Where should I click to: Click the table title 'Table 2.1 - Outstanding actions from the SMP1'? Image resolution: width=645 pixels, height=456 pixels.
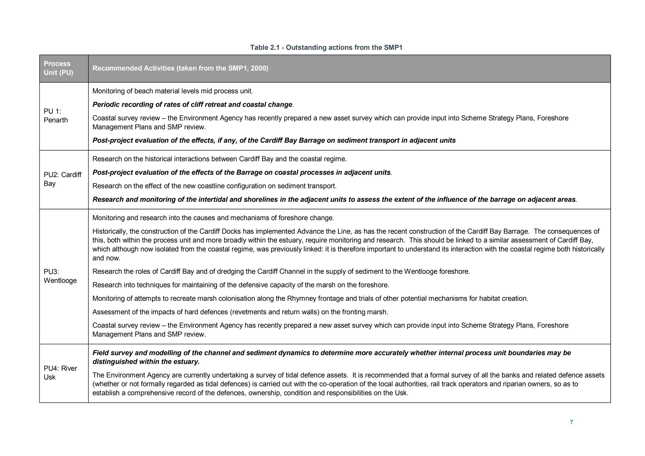coord(326,48)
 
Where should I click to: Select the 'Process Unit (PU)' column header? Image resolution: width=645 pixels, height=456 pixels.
coord(58,68)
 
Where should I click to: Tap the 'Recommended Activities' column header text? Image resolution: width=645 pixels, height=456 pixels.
coord(180,68)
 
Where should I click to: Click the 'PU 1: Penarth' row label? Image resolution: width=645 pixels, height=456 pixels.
coord(55,116)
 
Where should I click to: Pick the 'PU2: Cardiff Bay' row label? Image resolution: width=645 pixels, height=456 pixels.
coord(62,179)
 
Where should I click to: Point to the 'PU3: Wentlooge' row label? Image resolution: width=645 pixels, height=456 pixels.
coord(60,276)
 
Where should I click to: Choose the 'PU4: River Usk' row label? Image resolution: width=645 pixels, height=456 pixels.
coord(60,373)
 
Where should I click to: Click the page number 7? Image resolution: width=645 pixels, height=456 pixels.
coord(571,422)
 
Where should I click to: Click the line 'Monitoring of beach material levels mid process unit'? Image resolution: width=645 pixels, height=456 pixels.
coord(173,91)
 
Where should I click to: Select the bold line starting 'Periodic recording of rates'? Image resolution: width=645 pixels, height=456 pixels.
coord(192,105)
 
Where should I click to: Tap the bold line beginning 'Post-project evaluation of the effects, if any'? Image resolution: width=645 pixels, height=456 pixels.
coord(274,140)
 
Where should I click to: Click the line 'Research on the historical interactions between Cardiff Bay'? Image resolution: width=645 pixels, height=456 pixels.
coord(219,159)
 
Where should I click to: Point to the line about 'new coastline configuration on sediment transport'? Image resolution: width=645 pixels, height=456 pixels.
coord(214,186)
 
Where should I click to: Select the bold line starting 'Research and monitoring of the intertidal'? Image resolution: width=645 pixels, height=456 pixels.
coord(334,200)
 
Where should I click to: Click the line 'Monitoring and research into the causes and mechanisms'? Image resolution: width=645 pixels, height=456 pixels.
coord(213,218)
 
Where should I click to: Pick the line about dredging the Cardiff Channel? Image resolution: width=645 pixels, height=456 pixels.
coord(281,271)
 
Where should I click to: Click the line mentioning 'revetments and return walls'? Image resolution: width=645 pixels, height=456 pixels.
coord(240,312)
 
